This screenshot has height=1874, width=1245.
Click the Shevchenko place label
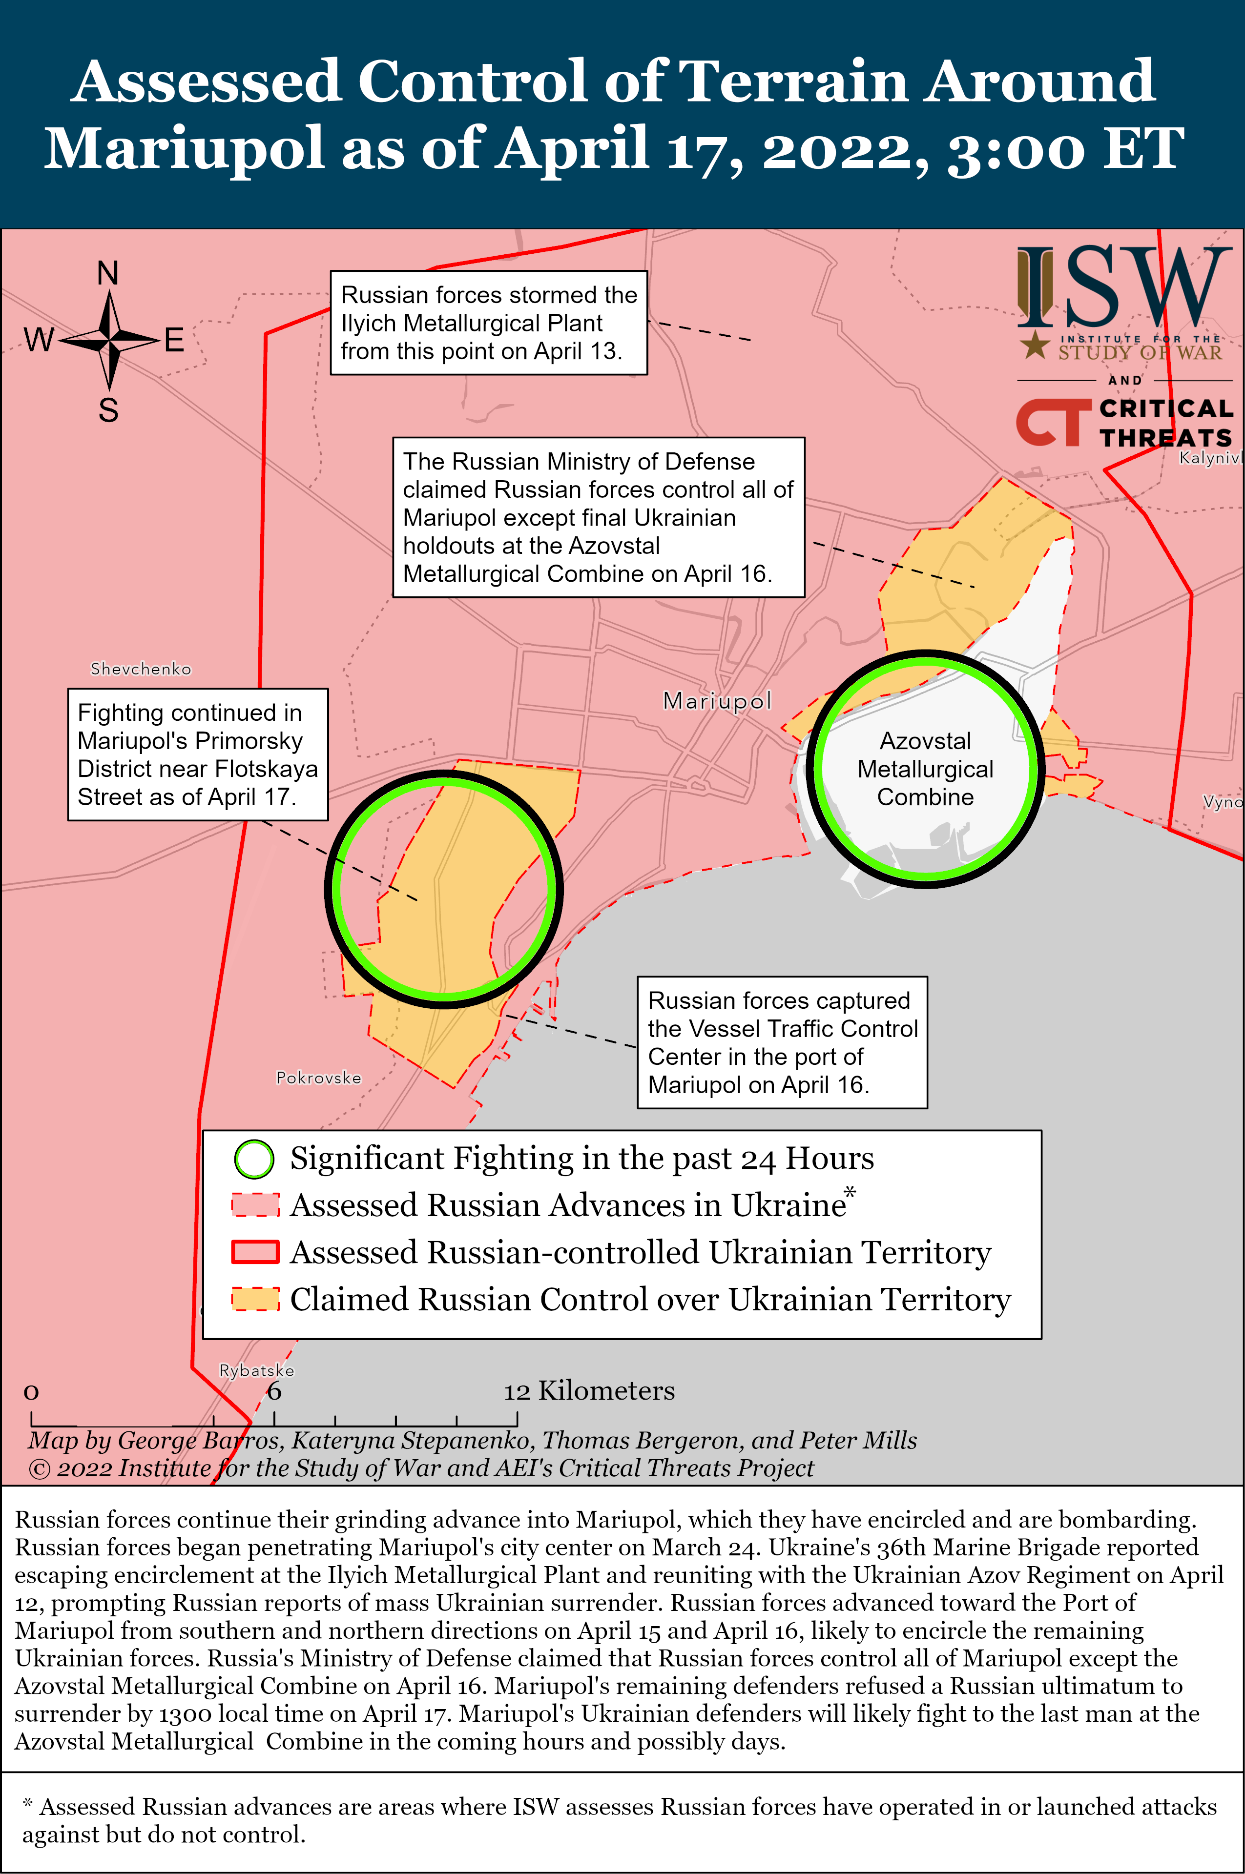pyautogui.click(x=141, y=669)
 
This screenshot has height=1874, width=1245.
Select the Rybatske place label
pyautogui.click(x=256, y=1371)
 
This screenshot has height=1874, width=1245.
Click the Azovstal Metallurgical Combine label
pyautogui.click(x=925, y=769)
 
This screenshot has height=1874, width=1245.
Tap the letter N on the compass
pyautogui.click(x=108, y=274)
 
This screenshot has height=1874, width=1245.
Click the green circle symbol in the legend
pyautogui.click(x=254, y=1160)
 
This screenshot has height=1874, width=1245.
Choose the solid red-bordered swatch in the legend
pyautogui.click(x=255, y=1253)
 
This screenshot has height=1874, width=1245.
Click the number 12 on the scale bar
pyautogui.click(x=516, y=1391)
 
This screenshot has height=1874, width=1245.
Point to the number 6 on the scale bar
pyautogui.click(x=274, y=1391)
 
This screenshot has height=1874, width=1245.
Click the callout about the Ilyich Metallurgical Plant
pyautogui.click(x=488, y=323)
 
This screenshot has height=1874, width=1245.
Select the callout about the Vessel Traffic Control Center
pyautogui.click(x=782, y=1042)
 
